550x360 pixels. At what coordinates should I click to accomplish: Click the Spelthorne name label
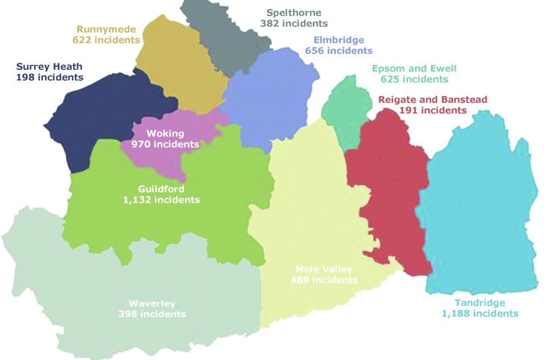[x=294, y=12]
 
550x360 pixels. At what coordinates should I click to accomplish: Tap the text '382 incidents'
[x=294, y=23]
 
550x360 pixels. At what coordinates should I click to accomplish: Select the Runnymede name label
[x=106, y=29]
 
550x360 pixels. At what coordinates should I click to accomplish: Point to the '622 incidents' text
[x=106, y=40]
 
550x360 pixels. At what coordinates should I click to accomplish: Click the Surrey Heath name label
[x=50, y=67]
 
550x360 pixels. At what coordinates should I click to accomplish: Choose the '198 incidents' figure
[x=50, y=78]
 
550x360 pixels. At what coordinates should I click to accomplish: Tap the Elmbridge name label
[x=339, y=40]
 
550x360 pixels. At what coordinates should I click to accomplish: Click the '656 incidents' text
[x=339, y=51]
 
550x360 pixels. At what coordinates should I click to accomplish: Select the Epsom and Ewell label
[x=414, y=68]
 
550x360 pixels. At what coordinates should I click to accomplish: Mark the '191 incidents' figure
[x=433, y=110]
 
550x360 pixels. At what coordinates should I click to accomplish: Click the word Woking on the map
[x=165, y=133]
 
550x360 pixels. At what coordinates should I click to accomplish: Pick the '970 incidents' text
[x=165, y=144]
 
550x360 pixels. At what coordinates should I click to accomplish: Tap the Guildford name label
[x=161, y=189]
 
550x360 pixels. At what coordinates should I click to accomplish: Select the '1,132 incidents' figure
[x=161, y=200]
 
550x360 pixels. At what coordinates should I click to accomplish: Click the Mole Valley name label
[x=324, y=269]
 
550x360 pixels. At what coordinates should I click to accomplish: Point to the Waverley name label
[x=152, y=303]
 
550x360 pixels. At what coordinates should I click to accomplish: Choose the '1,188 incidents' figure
[x=480, y=314]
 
